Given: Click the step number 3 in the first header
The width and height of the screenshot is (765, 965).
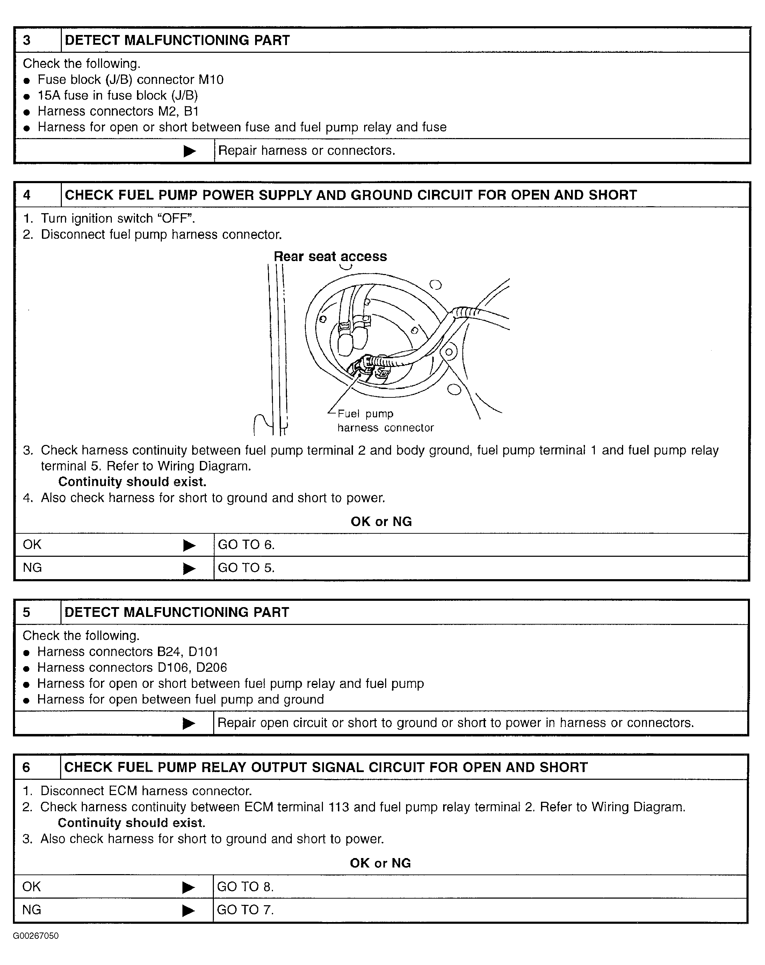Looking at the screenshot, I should pos(27,40).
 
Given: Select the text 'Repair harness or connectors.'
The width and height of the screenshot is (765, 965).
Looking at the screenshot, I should pos(306,150).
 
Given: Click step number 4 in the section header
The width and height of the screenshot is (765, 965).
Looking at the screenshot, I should pos(27,195).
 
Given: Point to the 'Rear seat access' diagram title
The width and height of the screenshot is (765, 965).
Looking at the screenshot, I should pos(330,257).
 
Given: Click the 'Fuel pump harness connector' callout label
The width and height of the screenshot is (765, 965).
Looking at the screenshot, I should pos(385,421).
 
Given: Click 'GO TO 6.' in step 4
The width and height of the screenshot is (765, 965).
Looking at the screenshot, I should pos(246,545).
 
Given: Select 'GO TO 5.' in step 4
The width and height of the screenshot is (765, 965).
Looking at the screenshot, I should pos(246,568).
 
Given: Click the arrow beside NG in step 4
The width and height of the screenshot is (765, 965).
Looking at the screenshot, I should pos(189,568).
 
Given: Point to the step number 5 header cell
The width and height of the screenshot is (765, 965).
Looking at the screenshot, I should pos(27,612).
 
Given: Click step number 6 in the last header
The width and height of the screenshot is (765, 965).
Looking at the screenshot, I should pos(27,767).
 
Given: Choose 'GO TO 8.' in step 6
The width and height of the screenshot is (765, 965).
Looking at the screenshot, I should pos(245,887).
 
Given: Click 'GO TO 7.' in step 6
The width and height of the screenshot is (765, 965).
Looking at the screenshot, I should pos(245,910).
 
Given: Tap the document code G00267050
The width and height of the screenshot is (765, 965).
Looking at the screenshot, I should pos(36,936).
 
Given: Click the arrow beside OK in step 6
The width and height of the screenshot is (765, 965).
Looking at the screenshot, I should pos(188,887).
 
